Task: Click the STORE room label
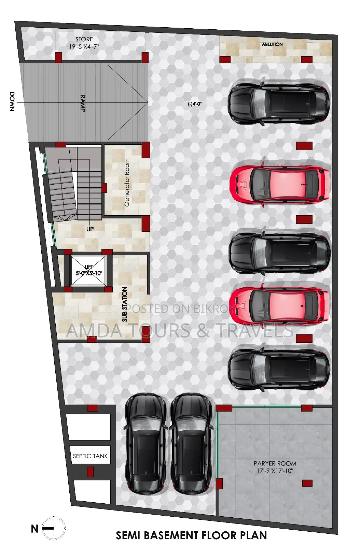pyautogui.click(x=84, y=39)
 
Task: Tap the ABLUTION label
pyautogui.click(x=272, y=44)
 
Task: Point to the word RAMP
pyautogui.click(x=83, y=103)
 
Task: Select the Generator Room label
pyautogui.click(x=127, y=182)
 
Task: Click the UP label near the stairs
pyautogui.click(x=90, y=229)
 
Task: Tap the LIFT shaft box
pyautogui.click(x=88, y=271)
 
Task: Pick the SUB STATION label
pyautogui.click(x=125, y=304)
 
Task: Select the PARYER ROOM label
pyautogui.click(x=275, y=463)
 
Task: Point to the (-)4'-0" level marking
pyautogui.click(x=195, y=104)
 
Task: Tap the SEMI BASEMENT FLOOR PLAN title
pyautogui.click(x=191, y=535)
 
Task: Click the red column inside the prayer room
pyautogui.click(x=307, y=483)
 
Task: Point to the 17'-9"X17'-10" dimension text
pyautogui.click(x=275, y=471)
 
